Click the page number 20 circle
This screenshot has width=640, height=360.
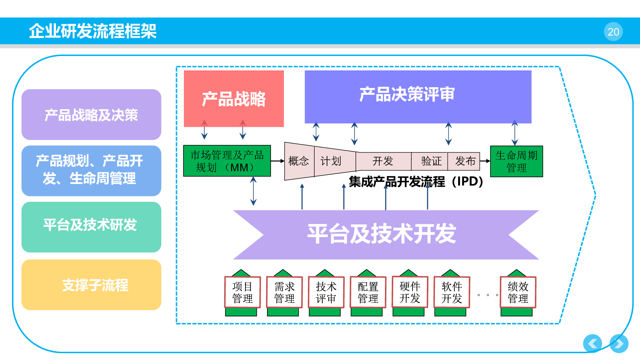pos(613,32)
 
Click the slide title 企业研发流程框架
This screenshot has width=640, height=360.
pos(93,31)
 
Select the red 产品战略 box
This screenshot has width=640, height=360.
pos(234,99)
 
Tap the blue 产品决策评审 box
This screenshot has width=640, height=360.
pos(418,97)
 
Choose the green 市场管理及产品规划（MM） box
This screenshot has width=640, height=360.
pos(227,161)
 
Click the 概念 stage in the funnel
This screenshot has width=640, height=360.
pos(299,161)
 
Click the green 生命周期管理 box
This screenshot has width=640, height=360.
pos(516,162)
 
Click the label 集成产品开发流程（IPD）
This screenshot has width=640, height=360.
pos(416,182)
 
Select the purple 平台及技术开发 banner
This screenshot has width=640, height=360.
pos(386,235)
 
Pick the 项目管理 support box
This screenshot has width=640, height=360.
pos(242,292)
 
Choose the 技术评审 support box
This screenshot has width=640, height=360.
pos(326,292)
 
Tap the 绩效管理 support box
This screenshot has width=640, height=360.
pos(518,292)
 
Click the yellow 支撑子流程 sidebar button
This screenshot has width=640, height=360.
pos(92,285)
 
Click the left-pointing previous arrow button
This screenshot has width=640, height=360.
pos(592,344)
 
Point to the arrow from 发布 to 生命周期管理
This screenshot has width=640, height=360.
pos(485,161)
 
